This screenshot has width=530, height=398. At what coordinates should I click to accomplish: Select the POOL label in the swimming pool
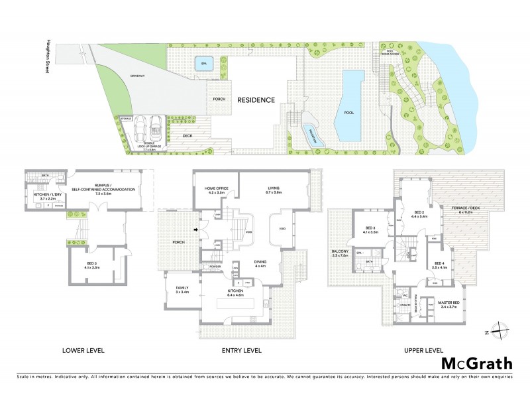point(349,113)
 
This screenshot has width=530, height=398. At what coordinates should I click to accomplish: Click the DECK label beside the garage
point(187,137)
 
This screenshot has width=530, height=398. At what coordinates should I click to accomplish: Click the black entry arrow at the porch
point(195,230)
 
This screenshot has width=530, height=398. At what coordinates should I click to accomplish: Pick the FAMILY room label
point(182,290)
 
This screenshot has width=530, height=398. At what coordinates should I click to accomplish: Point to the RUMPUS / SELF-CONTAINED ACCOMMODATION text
point(107,188)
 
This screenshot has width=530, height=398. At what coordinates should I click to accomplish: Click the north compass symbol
point(502,330)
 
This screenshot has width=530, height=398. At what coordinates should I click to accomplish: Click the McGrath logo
point(477,363)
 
